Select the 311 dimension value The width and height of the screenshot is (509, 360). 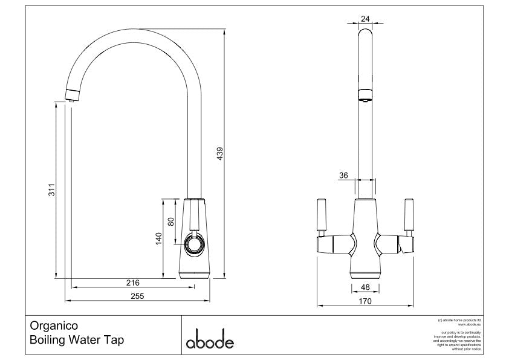[x=52, y=191]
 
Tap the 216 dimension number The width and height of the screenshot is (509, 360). [x=132, y=283]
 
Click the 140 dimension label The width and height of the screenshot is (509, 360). [x=159, y=238]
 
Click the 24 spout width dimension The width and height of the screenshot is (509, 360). [x=365, y=19]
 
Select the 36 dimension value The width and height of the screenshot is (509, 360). [x=343, y=175]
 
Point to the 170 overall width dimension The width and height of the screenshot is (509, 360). [x=365, y=300]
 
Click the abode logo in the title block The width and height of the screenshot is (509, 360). [x=209, y=341]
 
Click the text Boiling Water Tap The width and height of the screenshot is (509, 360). [x=77, y=340]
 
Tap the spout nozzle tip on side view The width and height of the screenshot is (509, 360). [x=71, y=96]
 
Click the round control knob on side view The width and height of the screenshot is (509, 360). [x=195, y=244]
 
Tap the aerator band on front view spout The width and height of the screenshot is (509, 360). [x=365, y=93]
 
